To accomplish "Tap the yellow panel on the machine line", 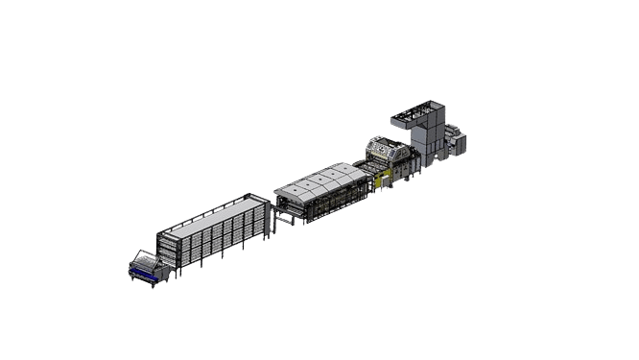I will click(x=380, y=179).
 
